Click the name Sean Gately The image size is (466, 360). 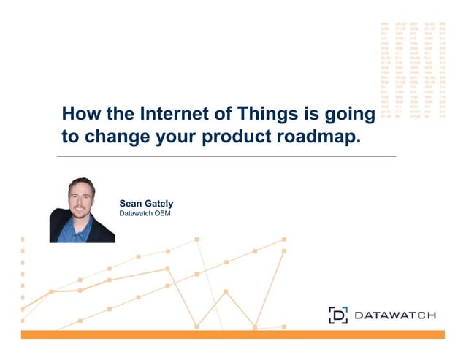coord(146,204)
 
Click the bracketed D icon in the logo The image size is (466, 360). coord(337,315)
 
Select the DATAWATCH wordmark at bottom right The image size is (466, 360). coord(394,315)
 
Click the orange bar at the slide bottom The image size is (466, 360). coord(232,334)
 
